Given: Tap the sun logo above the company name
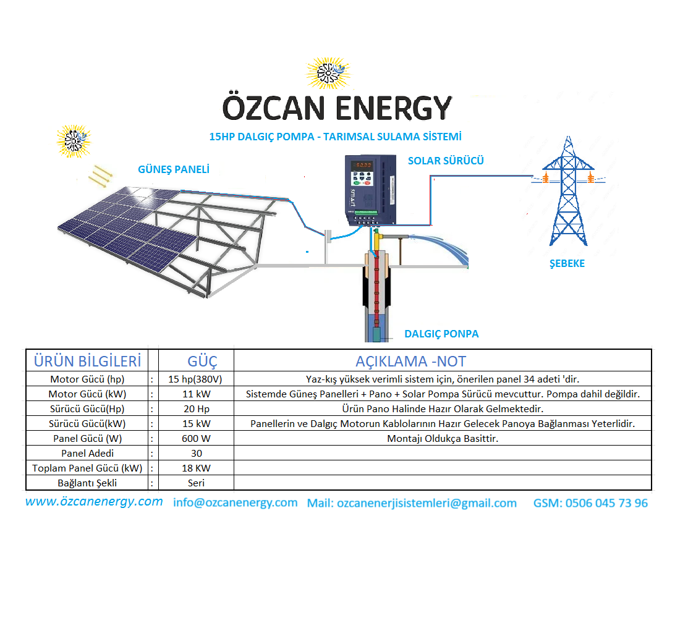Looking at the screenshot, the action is [328, 73].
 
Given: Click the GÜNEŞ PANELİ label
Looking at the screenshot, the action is [174, 169].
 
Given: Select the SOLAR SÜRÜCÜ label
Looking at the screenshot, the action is [446, 161].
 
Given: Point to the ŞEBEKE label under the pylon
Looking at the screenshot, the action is [567, 263].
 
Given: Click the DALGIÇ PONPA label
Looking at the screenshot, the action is [441, 334].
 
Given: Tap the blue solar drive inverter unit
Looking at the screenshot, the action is [370, 190].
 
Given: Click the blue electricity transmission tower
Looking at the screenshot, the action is [568, 191].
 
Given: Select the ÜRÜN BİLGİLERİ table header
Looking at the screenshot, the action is [87, 361].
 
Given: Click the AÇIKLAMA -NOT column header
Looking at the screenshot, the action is [410, 361].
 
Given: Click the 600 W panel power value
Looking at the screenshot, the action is [196, 439].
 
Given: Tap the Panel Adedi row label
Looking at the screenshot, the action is [87, 453].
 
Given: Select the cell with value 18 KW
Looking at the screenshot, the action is [196, 468].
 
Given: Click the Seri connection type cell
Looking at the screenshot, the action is [196, 483].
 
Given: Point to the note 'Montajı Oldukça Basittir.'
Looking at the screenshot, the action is [443, 439].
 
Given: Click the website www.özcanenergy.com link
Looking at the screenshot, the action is [94, 502].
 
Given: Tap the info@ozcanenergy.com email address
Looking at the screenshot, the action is [235, 502].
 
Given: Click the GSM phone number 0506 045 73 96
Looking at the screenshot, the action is [606, 503].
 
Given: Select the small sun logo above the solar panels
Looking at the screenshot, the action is [74, 141].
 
